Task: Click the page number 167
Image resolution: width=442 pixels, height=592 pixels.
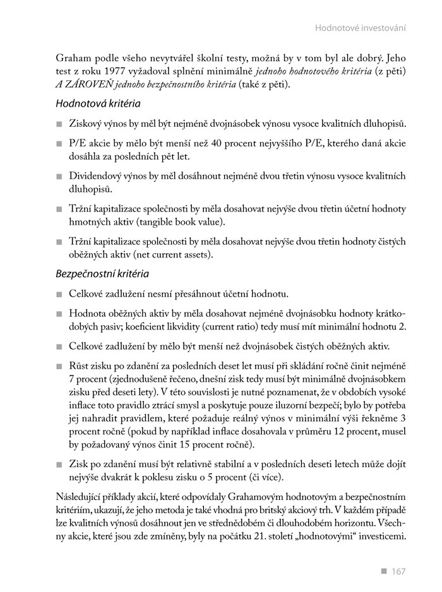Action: point(398,572)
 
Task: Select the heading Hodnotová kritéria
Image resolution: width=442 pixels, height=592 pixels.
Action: point(98,104)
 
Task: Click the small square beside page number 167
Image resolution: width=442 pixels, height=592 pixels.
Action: point(383,571)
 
